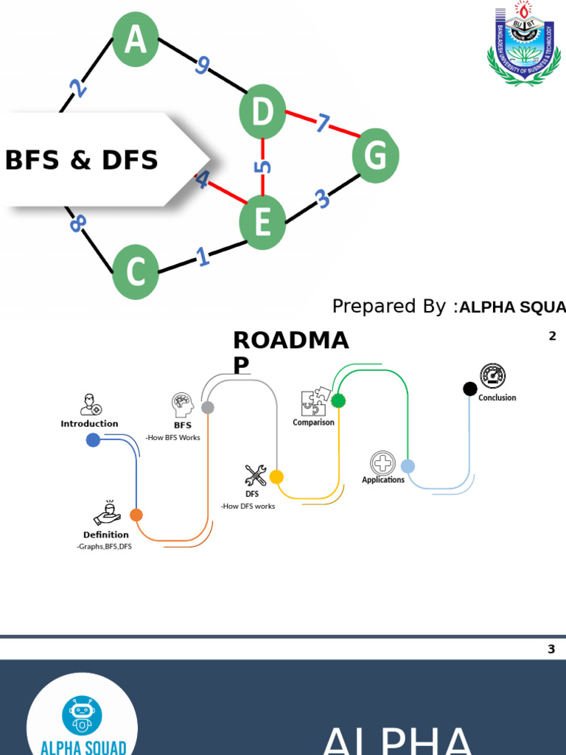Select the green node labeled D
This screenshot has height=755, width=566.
tap(262, 115)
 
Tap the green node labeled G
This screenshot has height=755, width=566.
tap(375, 156)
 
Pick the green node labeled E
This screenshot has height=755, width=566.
tap(262, 222)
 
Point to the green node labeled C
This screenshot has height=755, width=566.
tap(136, 272)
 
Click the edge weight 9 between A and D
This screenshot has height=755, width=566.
tap(202, 66)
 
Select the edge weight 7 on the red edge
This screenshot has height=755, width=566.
tap(322, 123)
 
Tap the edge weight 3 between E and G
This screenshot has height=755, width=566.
tap(321, 198)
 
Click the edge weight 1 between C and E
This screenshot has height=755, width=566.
tap(202, 257)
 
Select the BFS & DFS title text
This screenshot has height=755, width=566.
tap(82, 160)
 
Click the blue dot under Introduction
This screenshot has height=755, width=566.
tap(93, 440)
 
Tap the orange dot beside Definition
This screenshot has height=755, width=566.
tap(136, 515)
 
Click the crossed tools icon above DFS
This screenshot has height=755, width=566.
tap(255, 476)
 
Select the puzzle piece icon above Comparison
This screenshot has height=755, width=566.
tap(313, 403)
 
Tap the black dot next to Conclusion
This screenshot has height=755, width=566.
tap(470, 389)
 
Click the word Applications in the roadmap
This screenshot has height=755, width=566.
tap(383, 480)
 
